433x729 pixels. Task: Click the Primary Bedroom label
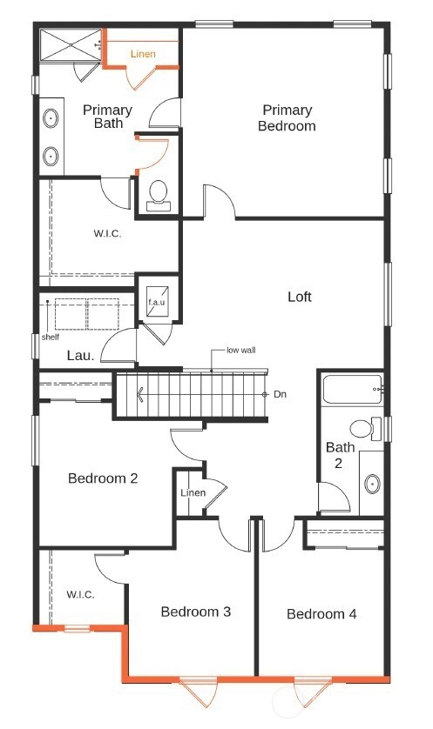[287, 118]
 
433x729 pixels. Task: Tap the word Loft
[300, 297]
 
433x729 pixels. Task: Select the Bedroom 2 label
[103, 478]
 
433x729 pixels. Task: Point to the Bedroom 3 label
[195, 612]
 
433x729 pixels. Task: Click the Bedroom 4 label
[321, 613]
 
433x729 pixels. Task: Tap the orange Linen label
[143, 54]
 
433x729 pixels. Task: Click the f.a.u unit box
[157, 301]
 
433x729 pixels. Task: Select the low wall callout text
[241, 350]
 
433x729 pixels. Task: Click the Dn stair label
[280, 394]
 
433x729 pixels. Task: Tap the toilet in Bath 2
[366, 428]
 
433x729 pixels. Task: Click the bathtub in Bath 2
[353, 390]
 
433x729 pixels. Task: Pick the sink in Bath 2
[372, 484]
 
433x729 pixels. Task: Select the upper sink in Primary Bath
[51, 118]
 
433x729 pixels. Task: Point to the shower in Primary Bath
[71, 44]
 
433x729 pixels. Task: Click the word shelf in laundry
[51, 337]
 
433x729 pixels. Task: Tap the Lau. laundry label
[80, 356]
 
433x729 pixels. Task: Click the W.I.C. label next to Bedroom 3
[80, 594]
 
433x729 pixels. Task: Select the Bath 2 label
[340, 455]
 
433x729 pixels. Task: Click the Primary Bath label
[107, 117]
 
